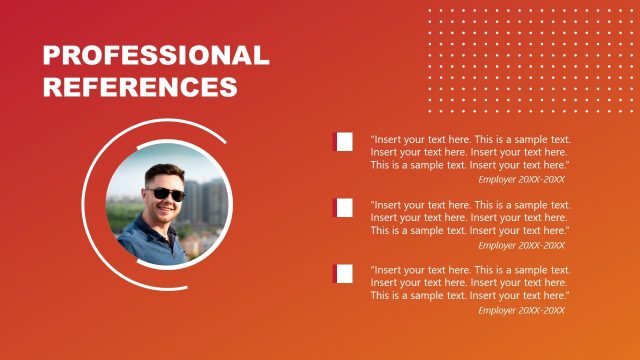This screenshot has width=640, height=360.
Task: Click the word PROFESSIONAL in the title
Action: pos(156,55)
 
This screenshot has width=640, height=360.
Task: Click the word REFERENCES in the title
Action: pos(140,86)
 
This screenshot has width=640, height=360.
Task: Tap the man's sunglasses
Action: pos(164,194)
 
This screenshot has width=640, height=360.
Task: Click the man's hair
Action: pos(160,173)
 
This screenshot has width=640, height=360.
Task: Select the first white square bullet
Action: pos(344,142)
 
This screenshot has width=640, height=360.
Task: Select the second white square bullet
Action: pos(344,208)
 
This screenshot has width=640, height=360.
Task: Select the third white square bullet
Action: pos(344,273)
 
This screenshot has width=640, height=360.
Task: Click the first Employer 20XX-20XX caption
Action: pos(521,180)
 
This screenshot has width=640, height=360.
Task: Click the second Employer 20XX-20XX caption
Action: pos(521,245)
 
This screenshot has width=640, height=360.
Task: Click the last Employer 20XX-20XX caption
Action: pos(521,310)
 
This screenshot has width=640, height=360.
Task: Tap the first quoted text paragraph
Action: pos(470,152)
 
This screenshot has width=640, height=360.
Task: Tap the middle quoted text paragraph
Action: pos(470,217)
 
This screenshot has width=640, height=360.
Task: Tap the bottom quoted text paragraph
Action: pos(470,283)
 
